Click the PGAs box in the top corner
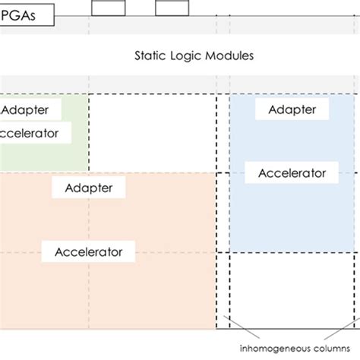coord(26,15)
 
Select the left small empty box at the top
coord(109,8)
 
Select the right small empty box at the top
coord(172,8)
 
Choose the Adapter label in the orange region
coord(89,187)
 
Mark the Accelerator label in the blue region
coord(292,172)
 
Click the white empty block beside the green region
coord(152,132)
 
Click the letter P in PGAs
coord(7,15)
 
